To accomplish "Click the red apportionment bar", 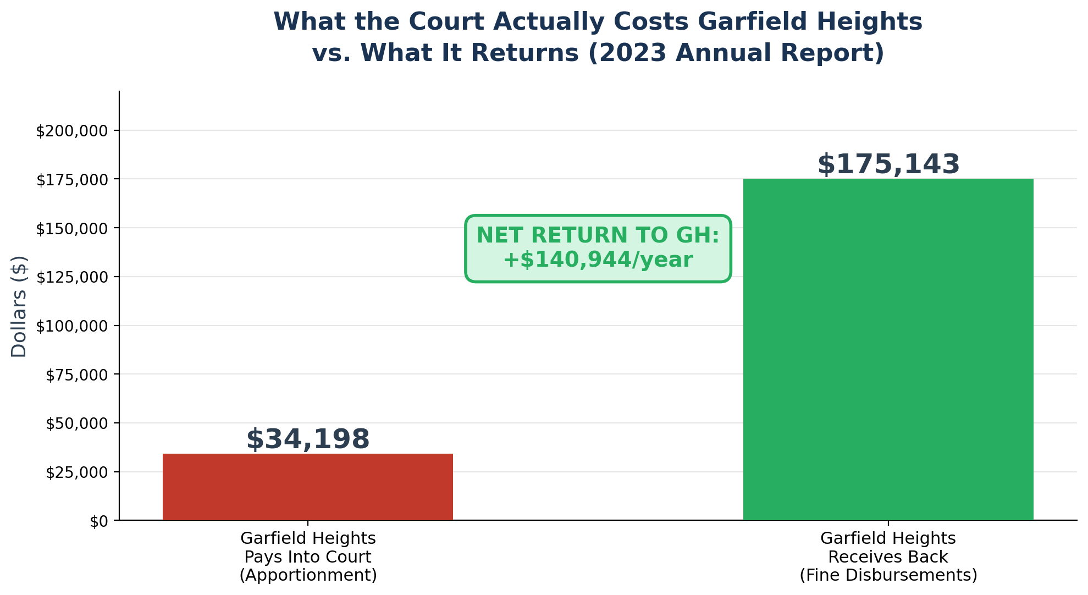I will click(307, 487).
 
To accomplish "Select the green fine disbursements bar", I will click(888, 349).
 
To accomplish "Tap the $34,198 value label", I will click(308, 439).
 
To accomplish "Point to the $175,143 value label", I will click(888, 164).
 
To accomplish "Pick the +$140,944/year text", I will click(598, 260).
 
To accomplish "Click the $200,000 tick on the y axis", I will click(77, 131).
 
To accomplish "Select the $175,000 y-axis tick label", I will click(77, 180).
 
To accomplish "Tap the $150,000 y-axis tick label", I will click(77, 229).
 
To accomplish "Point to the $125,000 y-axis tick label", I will click(77, 277).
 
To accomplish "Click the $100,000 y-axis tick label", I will click(77, 326).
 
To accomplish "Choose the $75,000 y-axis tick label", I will click(81, 375).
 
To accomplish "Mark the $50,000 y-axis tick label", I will click(81, 423).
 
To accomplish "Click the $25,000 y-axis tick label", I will click(81, 472).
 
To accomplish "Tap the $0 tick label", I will click(100, 521).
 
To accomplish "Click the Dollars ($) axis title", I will click(19, 306).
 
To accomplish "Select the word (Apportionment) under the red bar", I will click(308, 575).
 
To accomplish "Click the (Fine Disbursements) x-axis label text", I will click(888, 575).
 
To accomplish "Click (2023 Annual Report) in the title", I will click(737, 53).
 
